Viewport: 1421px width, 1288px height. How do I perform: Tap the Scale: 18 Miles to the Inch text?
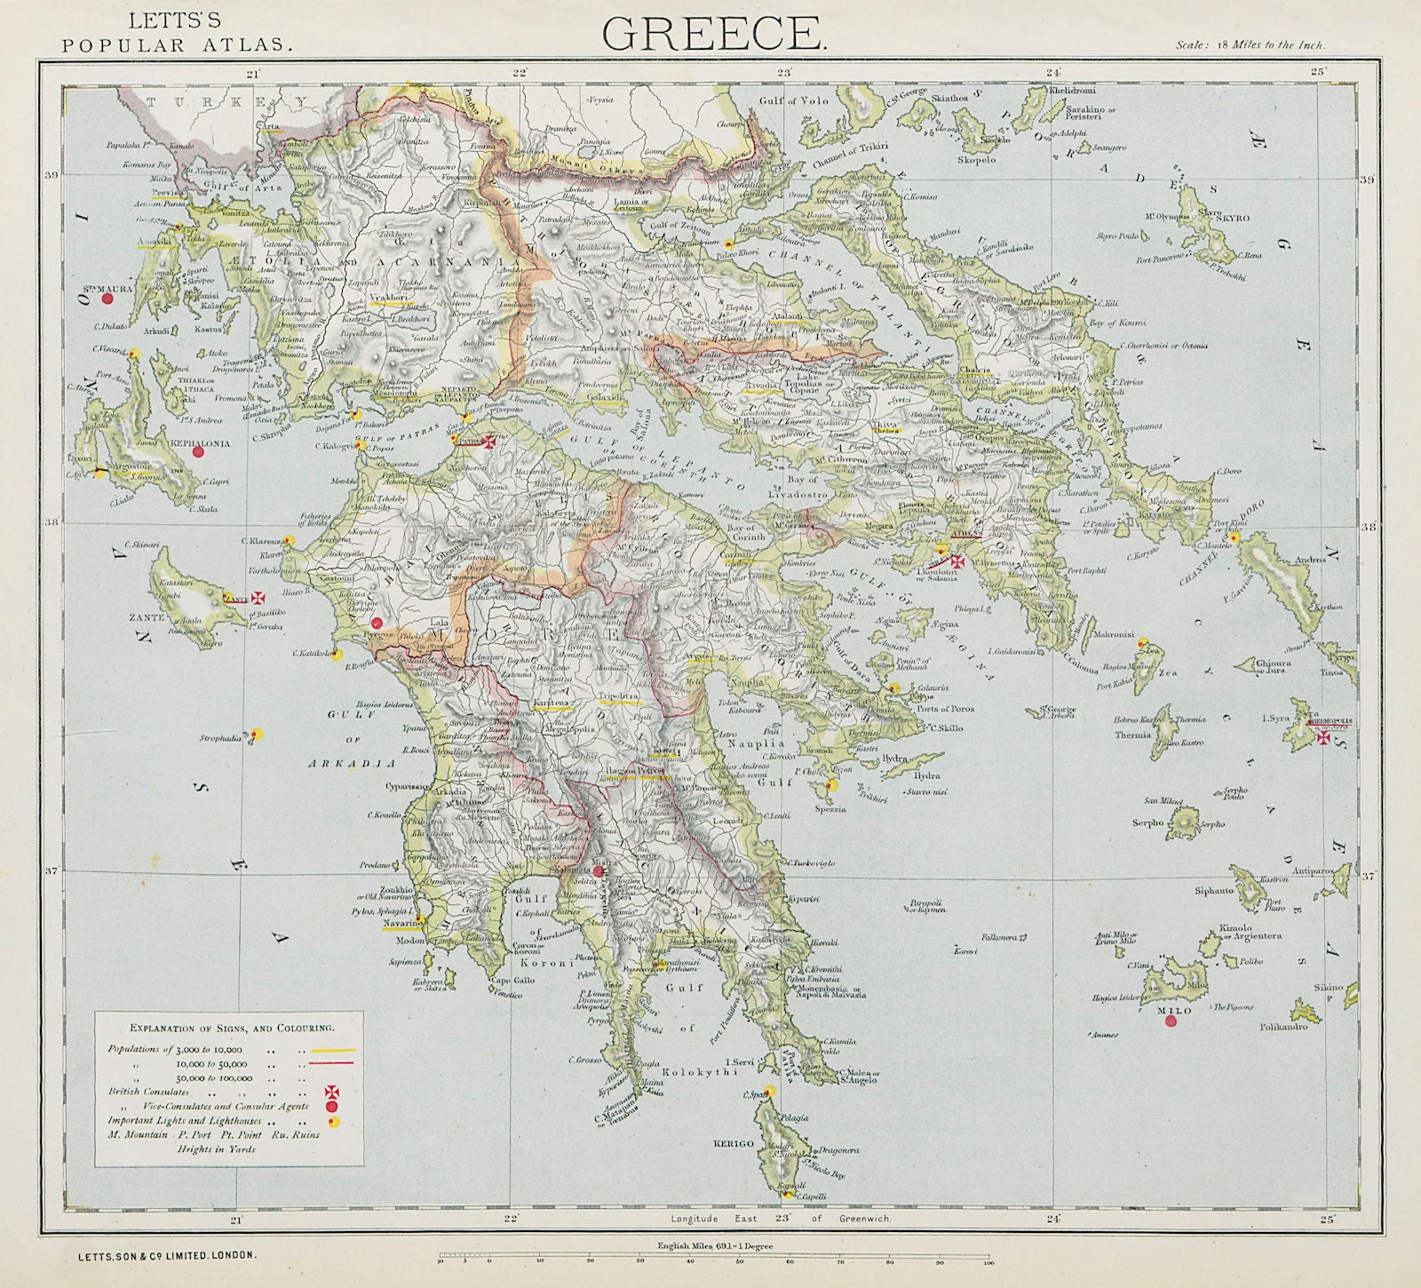point(1250,44)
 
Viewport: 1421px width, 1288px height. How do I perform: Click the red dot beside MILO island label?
point(1170,1022)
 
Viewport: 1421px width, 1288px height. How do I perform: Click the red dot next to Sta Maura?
point(108,299)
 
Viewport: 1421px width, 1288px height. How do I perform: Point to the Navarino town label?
point(401,924)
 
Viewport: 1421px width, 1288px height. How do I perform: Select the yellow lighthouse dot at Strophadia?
point(257,734)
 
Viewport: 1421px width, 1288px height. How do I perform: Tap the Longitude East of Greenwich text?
point(782,1221)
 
